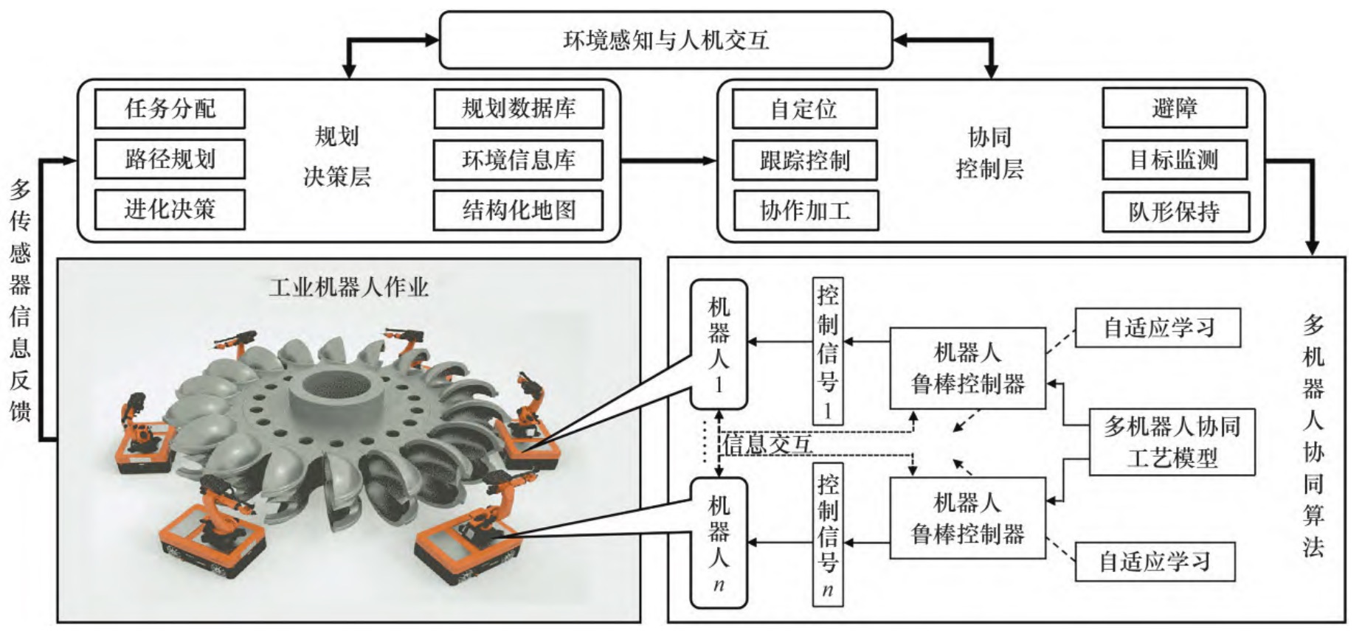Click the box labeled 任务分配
click(170, 108)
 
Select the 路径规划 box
click(170, 158)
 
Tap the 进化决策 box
click(170, 209)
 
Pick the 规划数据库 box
click(518, 108)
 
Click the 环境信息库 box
click(518, 159)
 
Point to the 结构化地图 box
click(518, 210)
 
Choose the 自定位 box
click(804, 109)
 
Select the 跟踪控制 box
click(804, 160)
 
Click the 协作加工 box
click(805, 211)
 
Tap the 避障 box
click(1175, 108)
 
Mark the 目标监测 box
click(1175, 159)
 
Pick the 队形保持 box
click(1175, 212)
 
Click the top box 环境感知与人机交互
click(666, 40)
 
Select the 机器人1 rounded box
click(718, 344)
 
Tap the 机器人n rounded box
click(718, 542)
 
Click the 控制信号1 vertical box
click(827, 351)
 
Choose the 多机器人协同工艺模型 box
click(1172, 442)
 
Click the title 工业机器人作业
click(348, 287)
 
